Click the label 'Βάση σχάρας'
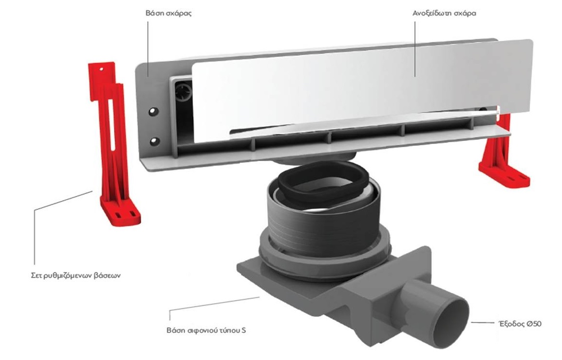coord(169,14)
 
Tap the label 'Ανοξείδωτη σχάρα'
coord(444,14)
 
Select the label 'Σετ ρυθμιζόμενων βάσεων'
coord(76,276)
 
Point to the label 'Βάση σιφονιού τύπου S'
coord(206,330)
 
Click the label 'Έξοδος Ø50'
coord(520,324)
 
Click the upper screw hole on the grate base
coord(153,112)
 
